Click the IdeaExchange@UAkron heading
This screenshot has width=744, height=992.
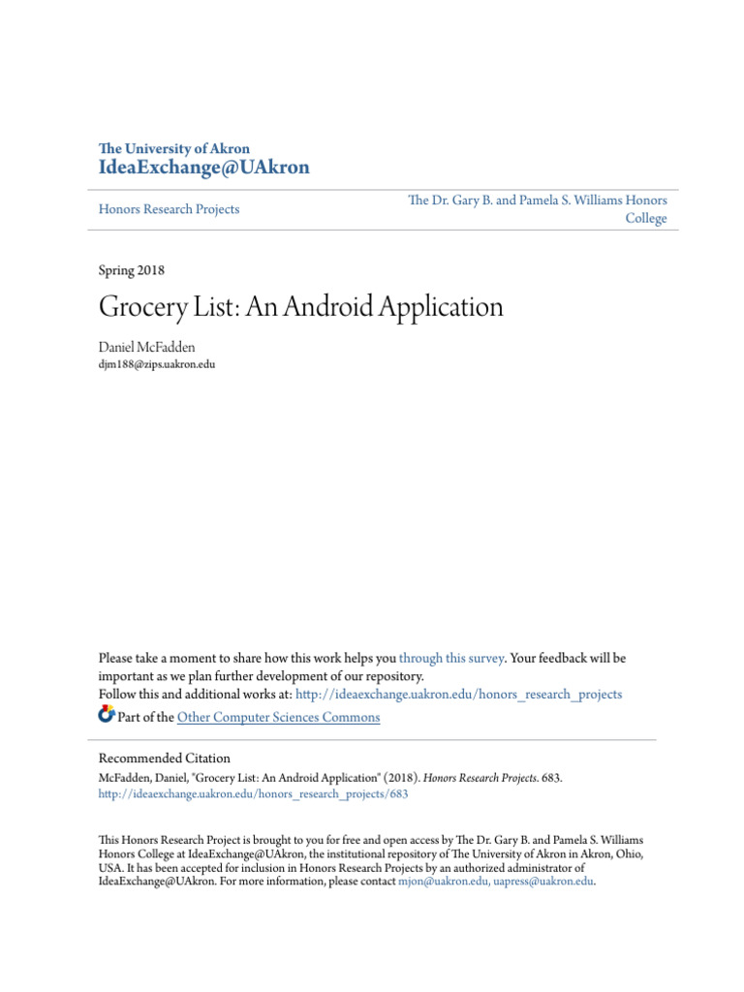point(204,168)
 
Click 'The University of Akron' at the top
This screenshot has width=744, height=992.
point(174,149)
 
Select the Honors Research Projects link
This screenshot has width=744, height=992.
point(170,209)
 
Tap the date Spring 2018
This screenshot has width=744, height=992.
point(132,270)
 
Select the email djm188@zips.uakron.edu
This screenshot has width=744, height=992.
point(157,364)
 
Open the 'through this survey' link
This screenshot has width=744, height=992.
point(450,658)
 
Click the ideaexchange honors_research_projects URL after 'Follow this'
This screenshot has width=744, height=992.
point(458,695)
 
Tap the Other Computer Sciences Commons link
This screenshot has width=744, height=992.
point(279,718)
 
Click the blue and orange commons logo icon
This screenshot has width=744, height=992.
point(107,716)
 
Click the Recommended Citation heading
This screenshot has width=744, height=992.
point(165,759)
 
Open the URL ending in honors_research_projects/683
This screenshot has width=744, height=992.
point(254,793)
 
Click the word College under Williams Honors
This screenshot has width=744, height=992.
point(646,219)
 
